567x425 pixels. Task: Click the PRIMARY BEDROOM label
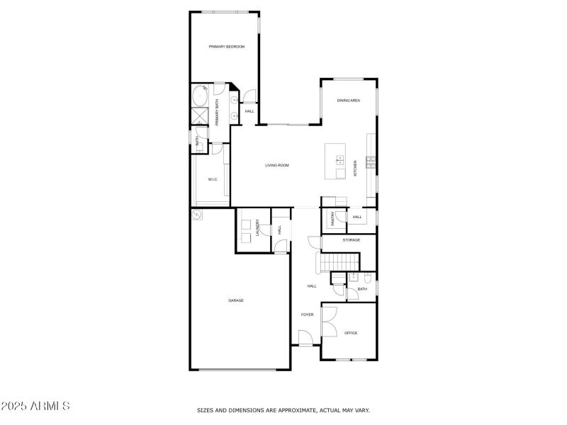[x=226, y=47]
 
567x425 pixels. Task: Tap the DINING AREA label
[x=348, y=101]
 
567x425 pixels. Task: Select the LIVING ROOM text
[x=277, y=166]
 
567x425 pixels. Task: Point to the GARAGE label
[x=236, y=300]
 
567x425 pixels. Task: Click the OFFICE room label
[x=351, y=333]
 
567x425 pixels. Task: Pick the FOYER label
[x=308, y=314]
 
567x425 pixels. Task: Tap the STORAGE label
[x=352, y=240]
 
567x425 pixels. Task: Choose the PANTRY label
[x=332, y=218]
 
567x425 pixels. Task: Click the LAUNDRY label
[x=258, y=227]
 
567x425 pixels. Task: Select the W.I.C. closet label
[x=213, y=180]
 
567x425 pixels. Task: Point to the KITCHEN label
[x=356, y=168]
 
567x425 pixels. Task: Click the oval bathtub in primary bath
[x=199, y=96]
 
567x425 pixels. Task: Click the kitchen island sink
[x=339, y=160]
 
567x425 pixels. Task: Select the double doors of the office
[x=330, y=323]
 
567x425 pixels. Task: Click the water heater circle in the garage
[x=196, y=215]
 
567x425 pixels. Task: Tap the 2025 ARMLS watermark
[x=35, y=407]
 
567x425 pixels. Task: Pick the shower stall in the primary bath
[x=198, y=117]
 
